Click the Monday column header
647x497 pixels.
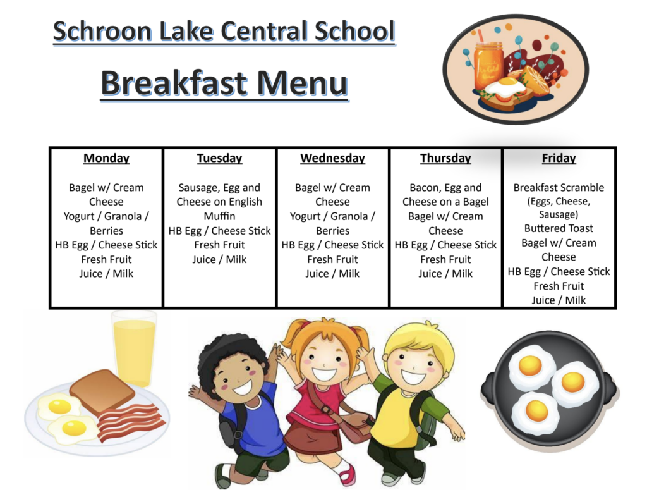click(x=106, y=158)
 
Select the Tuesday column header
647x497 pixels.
click(x=219, y=158)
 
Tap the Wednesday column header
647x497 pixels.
click(x=332, y=158)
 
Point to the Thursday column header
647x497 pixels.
click(x=445, y=158)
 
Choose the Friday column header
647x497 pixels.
click(x=559, y=158)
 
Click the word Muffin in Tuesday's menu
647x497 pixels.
click(x=219, y=216)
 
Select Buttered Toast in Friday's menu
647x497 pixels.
click(x=559, y=228)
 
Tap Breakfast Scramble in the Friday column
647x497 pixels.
click(x=559, y=187)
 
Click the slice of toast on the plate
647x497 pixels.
click(x=102, y=392)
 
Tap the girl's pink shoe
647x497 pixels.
click(x=348, y=474)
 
